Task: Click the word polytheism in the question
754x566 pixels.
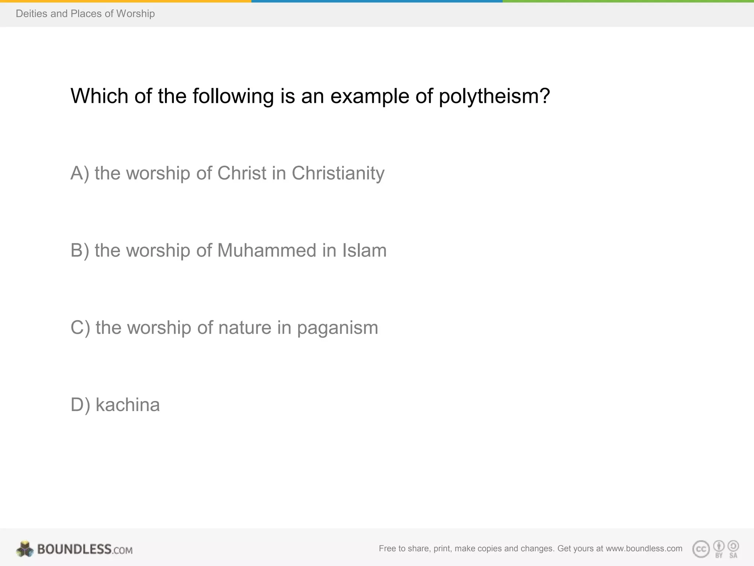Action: pos(494,97)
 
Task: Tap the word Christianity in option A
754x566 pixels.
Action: pos(338,173)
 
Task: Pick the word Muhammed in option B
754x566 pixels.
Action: pos(267,251)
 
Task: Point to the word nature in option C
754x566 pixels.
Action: pos(245,328)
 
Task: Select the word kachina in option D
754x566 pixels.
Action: pos(128,405)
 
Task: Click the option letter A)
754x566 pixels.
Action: pos(80,173)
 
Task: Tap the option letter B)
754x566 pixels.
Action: pos(80,251)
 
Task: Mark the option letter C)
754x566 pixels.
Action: pos(80,328)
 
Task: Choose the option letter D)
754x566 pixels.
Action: pos(80,405)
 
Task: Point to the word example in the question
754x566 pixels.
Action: pos(370,97)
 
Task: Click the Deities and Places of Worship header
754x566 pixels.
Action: pos(85,14)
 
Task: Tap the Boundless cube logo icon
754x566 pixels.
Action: pos(25,549)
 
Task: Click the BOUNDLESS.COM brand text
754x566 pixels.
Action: pos(85,549)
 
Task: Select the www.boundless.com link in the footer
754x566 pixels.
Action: pos(644,548)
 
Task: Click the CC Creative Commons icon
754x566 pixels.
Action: pos(701,549)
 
